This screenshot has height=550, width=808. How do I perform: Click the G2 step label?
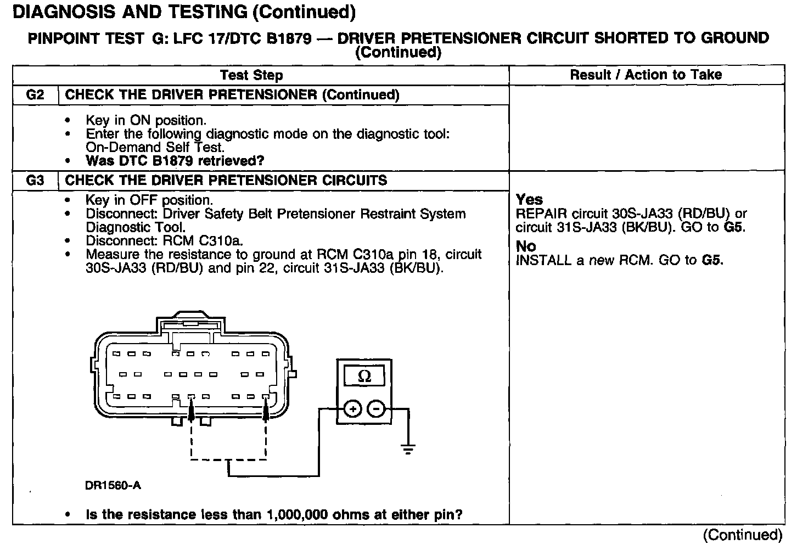pos(35,95)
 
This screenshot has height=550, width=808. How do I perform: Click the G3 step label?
pos(35,181)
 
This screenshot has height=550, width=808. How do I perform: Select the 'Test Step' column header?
pos(251,75)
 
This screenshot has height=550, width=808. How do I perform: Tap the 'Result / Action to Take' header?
pos(646,75)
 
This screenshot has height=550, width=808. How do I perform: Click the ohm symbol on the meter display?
pos(364,377)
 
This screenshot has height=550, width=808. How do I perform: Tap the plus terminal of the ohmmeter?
pos(352,409)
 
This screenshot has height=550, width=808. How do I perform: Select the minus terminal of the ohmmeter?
pos(376,409)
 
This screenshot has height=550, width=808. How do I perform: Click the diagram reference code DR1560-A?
pos(114,485)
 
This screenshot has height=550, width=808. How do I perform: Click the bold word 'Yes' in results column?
pos(529,200)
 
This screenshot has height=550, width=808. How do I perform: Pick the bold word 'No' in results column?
pos(526,246)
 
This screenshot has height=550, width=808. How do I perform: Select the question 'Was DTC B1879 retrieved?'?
pos(175,161)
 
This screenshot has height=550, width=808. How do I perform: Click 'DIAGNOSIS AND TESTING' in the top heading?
pos(130,12)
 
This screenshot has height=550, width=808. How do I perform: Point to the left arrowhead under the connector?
pos(191,409)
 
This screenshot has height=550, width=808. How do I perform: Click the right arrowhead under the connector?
pos(267,409)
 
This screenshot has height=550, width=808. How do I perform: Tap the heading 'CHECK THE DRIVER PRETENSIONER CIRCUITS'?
pos(226,181)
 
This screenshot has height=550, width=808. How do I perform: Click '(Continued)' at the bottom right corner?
pos(742,535)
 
